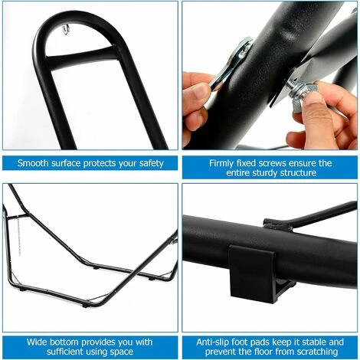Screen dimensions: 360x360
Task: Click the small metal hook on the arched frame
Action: (x=66, y=30)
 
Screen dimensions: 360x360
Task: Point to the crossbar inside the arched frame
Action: (x=79, y=57)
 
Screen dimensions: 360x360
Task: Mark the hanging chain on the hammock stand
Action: (x=18, y=235)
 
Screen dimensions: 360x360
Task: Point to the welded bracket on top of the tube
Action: (x=277, y=224)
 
